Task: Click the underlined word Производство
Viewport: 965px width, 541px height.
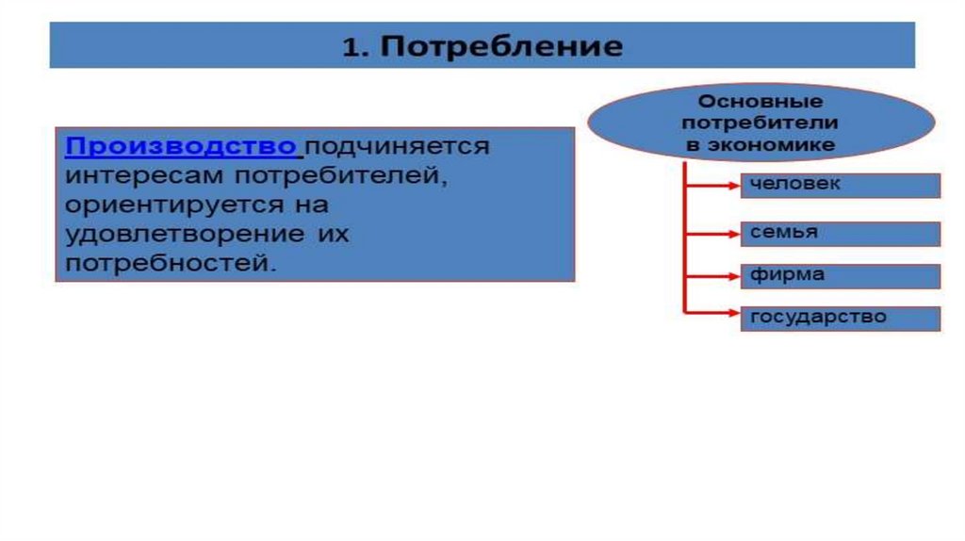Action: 182,147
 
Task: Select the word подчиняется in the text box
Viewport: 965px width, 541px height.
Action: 397,147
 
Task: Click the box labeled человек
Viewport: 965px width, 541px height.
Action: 840,186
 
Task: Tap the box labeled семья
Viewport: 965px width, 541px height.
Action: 840,234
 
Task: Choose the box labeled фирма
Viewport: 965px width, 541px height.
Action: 840,276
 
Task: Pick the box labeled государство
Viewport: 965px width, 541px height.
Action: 840,319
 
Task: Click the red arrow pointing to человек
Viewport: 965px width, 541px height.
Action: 713,186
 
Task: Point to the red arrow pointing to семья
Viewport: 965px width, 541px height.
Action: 713,233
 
